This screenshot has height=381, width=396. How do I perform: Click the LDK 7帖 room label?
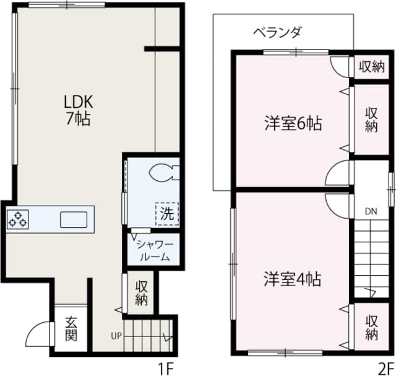coord(79,110)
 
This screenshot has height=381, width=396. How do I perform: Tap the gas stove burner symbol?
coord(18,219)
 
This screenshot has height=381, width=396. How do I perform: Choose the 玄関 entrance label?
coord(71,330)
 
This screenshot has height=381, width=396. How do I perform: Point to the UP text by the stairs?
coord(116,336)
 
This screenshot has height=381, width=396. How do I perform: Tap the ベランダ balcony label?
coord(276,33)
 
